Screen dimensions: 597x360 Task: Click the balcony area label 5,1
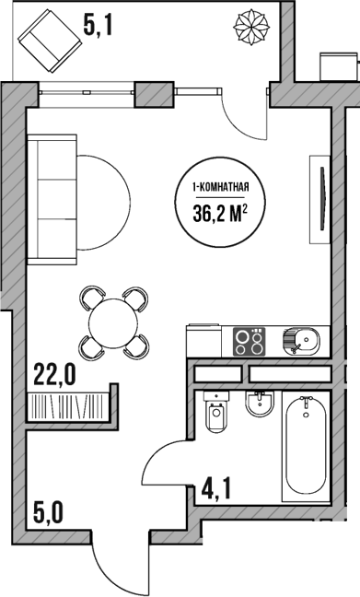[x=98, y=25]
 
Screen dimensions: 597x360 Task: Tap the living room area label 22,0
[x=54, y=373]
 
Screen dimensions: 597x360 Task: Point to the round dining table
[x=114, y=322]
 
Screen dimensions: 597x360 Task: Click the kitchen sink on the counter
[x=301, y=342]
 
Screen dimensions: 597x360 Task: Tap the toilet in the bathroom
[x=216, y=418]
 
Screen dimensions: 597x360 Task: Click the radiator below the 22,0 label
[x=67, y=405]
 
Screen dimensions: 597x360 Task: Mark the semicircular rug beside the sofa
[x=103, y=197]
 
